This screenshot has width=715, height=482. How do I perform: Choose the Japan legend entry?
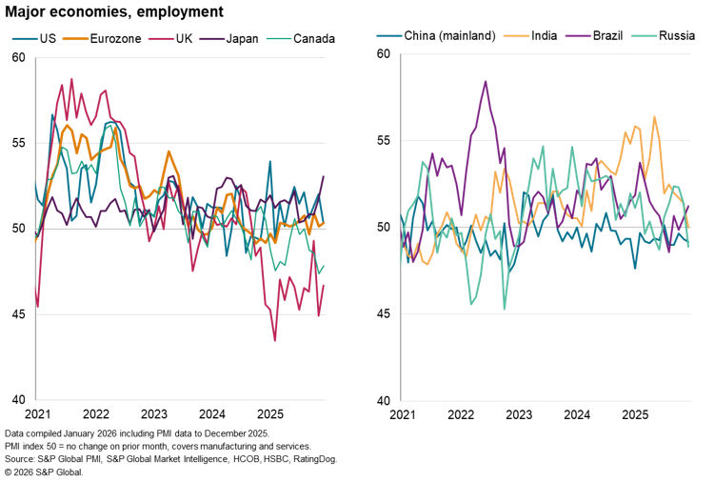(236, 39)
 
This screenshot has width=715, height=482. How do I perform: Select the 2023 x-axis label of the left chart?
(154, 414)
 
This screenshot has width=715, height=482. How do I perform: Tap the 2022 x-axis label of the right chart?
(460, 414)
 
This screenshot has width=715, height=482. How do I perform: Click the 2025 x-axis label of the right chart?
(635, 414)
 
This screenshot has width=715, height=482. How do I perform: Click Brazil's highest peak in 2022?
(486, 81)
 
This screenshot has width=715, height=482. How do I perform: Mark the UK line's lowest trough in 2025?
(275, 341)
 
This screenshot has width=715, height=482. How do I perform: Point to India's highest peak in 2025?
(655, 117)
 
